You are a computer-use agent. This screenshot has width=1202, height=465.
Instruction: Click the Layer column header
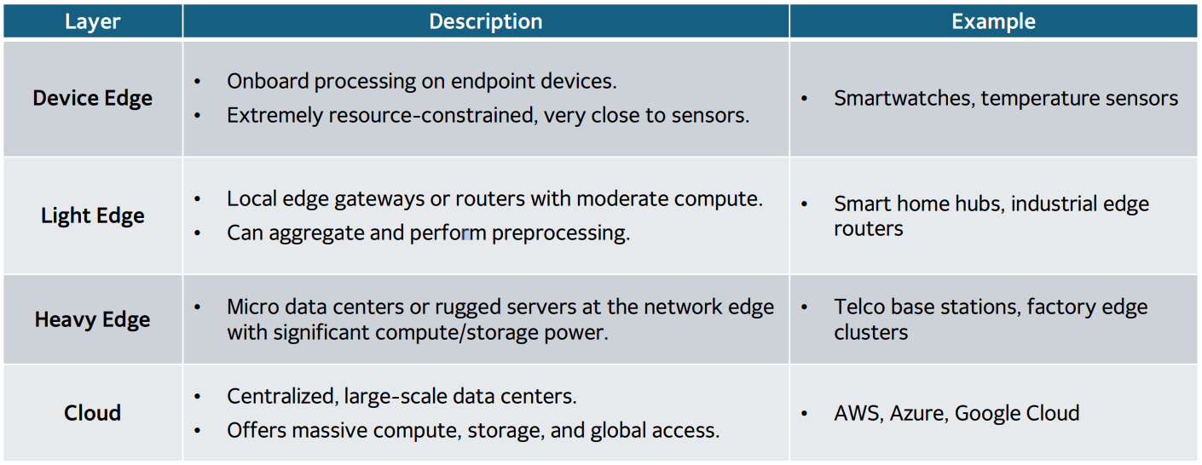(92, 21)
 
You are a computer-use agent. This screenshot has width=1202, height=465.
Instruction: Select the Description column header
(485, 21)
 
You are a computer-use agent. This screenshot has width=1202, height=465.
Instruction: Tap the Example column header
(993, 21)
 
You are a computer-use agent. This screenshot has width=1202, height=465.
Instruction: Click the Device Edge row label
(92, 98)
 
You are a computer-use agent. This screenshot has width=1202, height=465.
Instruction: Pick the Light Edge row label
(92, 215)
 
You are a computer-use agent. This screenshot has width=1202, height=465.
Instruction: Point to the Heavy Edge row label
(92, 319)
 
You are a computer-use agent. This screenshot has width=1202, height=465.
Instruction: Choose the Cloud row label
(92, 413)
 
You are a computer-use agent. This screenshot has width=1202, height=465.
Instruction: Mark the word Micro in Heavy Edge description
(251, 307)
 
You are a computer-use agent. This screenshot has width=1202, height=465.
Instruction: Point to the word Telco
(860, 307)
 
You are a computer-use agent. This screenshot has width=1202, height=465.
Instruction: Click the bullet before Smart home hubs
(805, 204)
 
